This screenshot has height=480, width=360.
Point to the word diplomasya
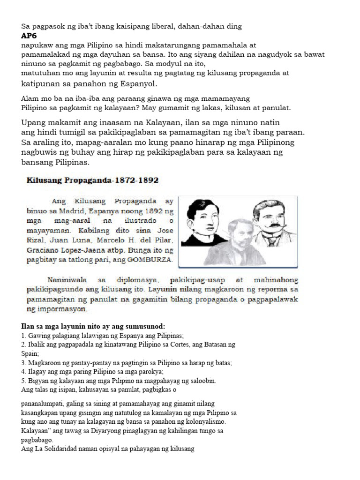[135, 280]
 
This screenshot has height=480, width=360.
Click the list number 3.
[23, 363]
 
